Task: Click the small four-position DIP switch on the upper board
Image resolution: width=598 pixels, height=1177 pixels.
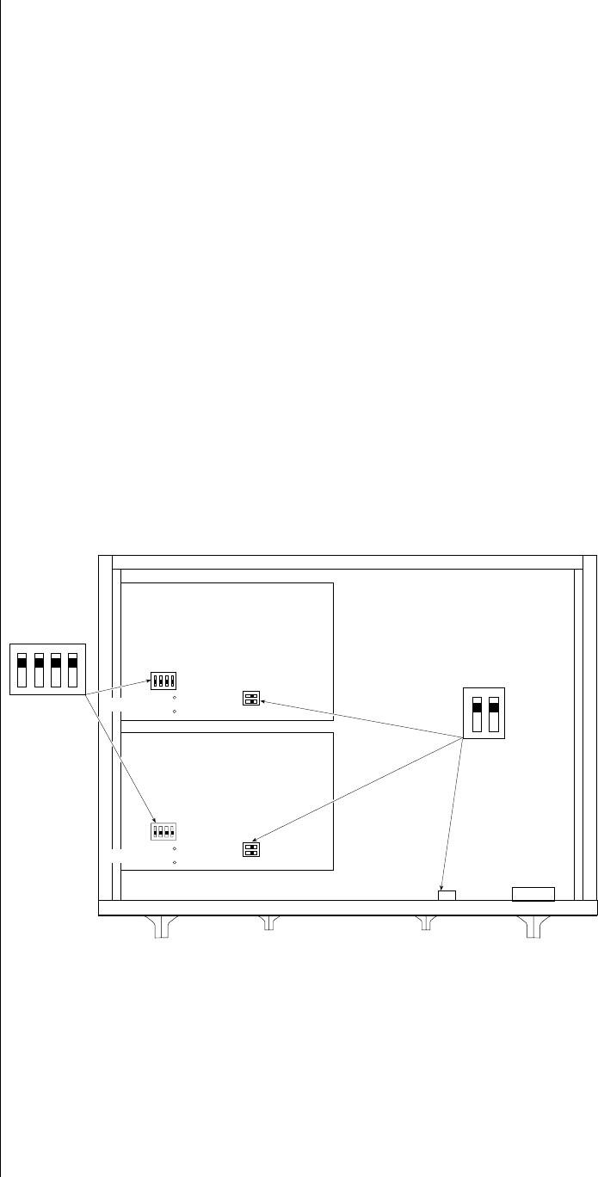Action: pos(163,681)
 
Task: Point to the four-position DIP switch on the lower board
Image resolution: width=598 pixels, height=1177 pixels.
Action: pos(163,832)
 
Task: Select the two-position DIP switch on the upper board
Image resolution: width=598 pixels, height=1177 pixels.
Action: pos(251,699)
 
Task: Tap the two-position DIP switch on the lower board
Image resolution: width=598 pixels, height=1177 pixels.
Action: pos(251,849)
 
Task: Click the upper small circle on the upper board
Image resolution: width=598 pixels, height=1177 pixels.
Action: pos(175,699)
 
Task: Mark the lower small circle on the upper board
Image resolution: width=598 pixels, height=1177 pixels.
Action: pos(175,712)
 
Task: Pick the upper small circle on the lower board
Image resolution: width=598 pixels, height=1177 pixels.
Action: pos(175,849)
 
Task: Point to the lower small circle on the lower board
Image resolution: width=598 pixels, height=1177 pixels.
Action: pos(175,861)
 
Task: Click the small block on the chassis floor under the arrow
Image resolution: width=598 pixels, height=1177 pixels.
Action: pos(447,895)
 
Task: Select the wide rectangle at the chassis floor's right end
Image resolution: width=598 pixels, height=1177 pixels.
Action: pos(533,893)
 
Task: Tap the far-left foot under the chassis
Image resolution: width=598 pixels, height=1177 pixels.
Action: pos(161,927)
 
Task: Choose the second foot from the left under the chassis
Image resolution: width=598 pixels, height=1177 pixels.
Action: pos(269,924)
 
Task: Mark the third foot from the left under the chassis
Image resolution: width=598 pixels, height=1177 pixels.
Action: pos(424,924)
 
